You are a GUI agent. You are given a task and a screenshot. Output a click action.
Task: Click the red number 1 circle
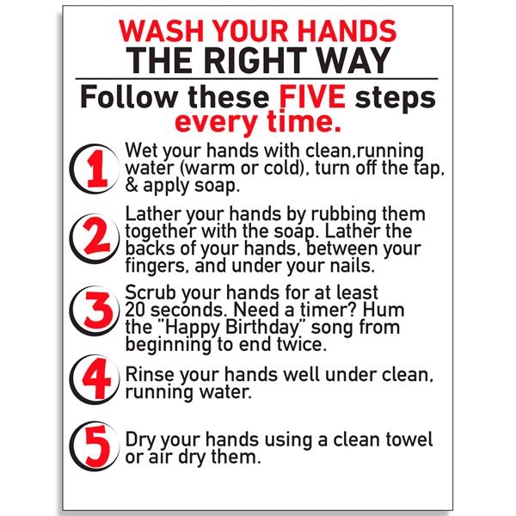click(x=95, y=169)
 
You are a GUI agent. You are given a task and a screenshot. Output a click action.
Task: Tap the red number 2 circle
click(x=95, y=238)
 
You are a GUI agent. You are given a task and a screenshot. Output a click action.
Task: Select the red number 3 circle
click(x=95, y=310)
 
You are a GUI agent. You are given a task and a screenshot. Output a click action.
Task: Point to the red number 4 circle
click(x=95, y=379)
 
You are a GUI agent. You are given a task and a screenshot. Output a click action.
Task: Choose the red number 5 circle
click(x=95, y=446)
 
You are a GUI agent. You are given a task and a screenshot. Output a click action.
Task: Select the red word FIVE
click(x=312, y=96)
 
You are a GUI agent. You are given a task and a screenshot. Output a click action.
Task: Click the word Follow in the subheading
click(x=129, y=96)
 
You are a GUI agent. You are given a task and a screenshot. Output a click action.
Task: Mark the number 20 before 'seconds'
click(x=136, y=310)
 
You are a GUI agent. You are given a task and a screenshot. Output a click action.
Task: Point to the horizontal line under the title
click(x=256, y=79)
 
